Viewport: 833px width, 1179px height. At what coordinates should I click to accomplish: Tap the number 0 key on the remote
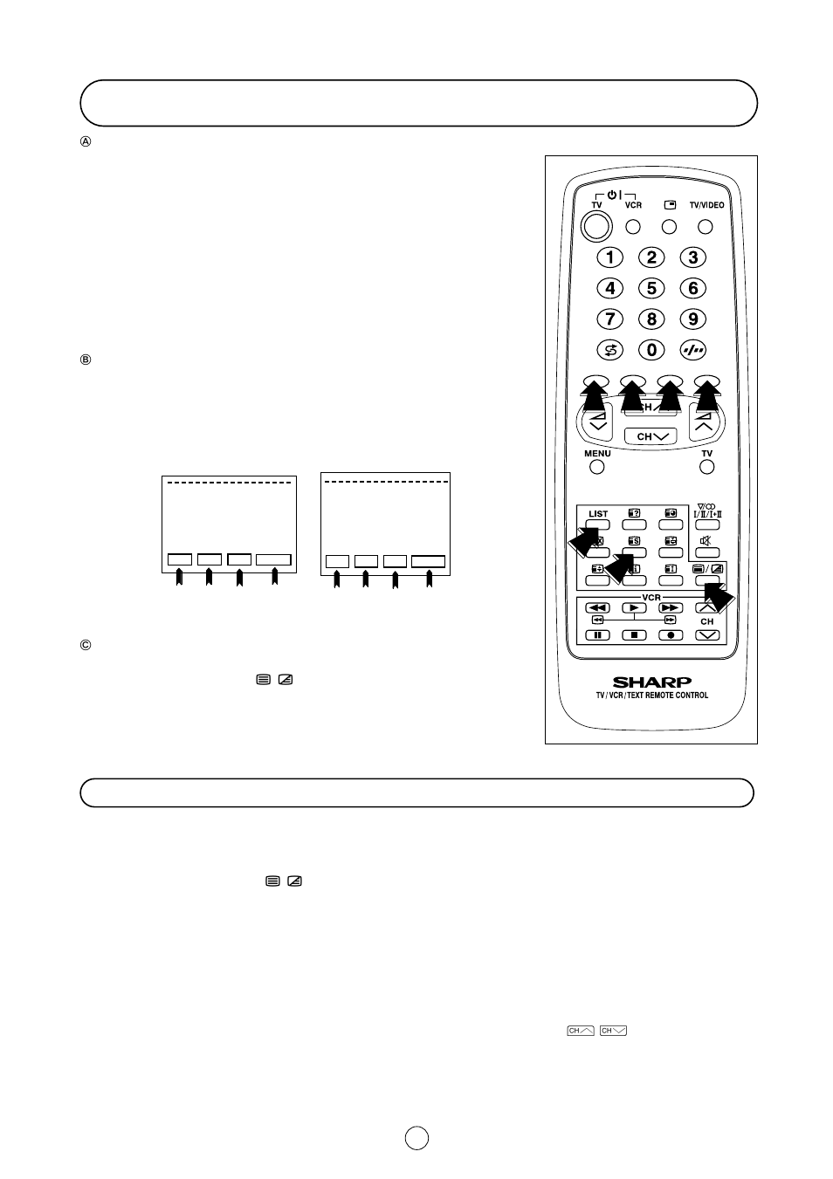click(x=651, y=350)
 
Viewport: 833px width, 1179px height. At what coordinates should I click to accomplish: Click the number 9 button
click(x=693, y=319)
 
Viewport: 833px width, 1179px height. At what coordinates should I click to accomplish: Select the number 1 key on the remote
click(x=609, y=257)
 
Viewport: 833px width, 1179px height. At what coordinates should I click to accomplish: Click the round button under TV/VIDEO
click(x=706, y=227)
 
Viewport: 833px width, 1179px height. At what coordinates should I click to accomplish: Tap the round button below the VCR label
click(x=634, y=227)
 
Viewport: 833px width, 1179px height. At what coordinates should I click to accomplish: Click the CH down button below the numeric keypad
click(x=651, y=436)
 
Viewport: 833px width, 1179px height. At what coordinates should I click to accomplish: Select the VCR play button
click(x=634, y=607)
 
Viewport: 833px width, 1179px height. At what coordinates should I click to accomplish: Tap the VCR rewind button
click(x=597, y=607)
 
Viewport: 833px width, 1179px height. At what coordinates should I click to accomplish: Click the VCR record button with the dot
click(x=670, y=634)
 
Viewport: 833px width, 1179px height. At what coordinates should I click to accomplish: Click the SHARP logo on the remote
click(x=651, y=682)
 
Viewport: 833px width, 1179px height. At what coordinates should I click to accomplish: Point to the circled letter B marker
click(x=86, y=360)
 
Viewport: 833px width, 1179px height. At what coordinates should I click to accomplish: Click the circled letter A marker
click(x=86, y=141)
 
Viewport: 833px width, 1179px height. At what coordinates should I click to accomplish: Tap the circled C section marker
click(x=86, y=646)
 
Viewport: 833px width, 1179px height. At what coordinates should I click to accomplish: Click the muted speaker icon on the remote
click(x=706, y=541)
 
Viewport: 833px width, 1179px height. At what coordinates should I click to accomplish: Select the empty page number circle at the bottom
click(x=416, y=1138)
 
